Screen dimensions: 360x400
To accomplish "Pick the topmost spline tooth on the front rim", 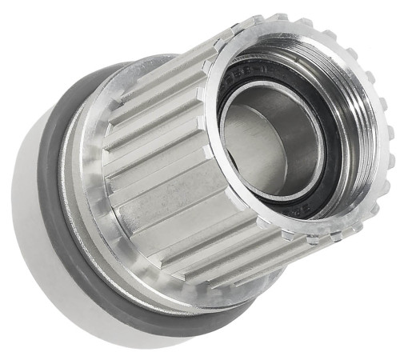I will click(x=280, y=18).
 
